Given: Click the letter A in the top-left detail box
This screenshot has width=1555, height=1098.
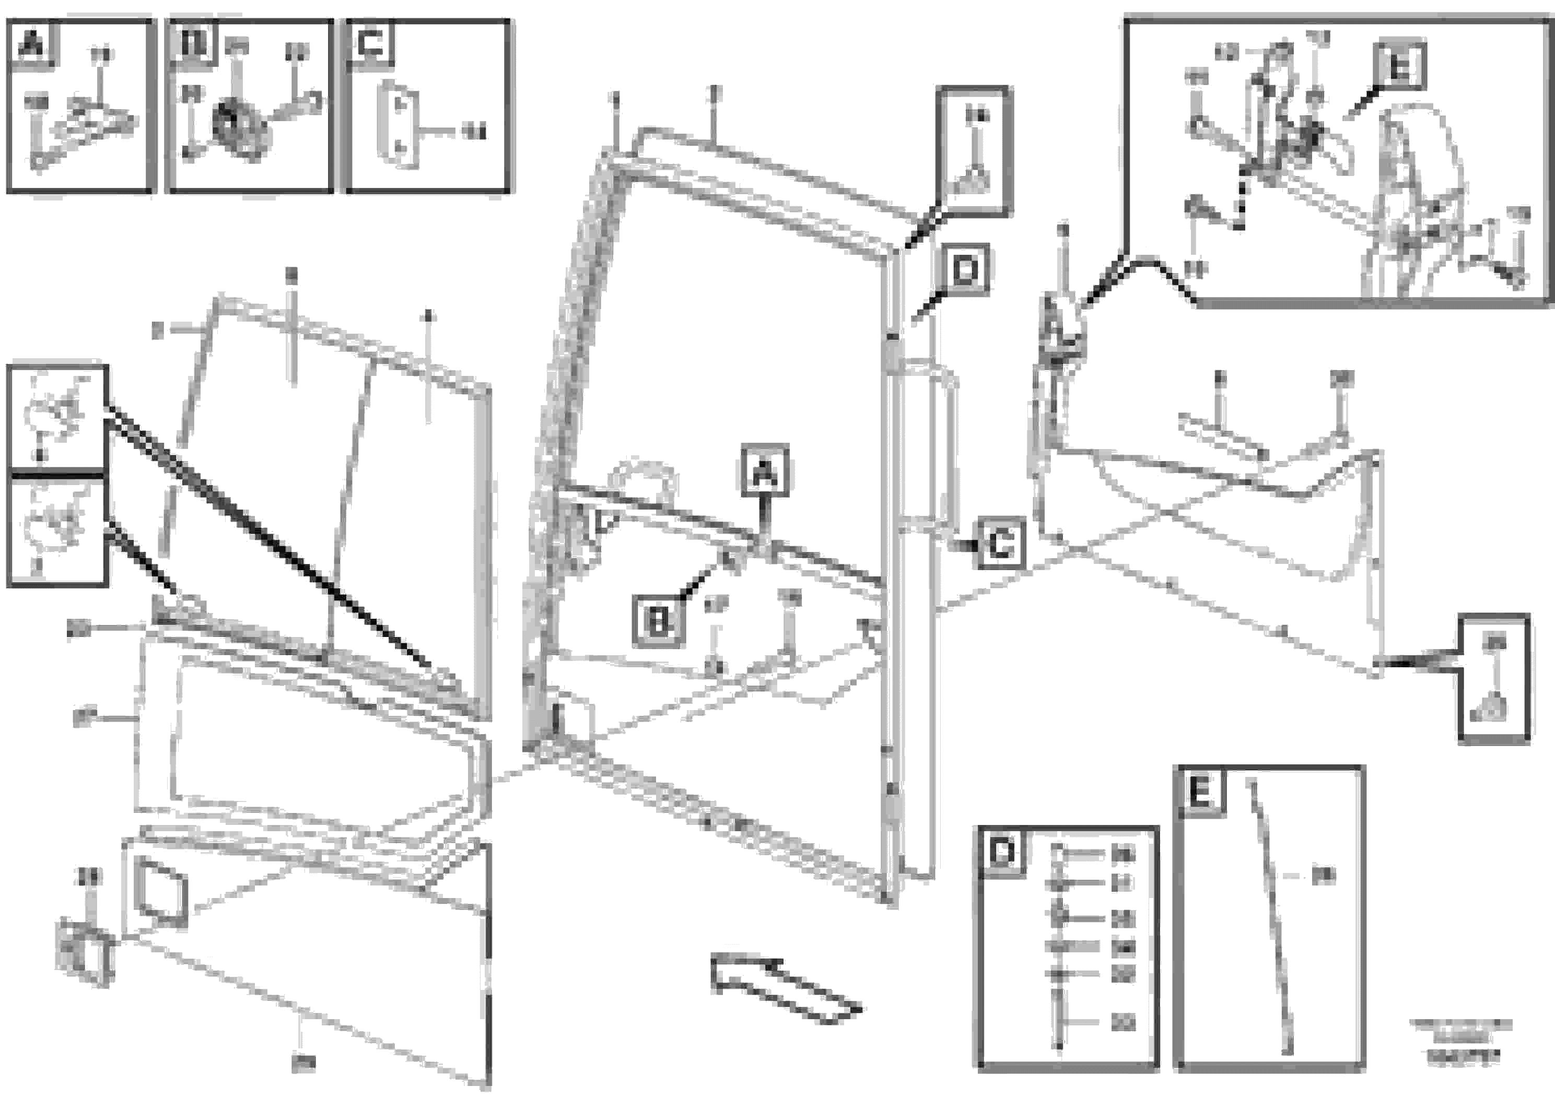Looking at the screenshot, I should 32,45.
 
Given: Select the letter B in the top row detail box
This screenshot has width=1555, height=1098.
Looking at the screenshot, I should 193,45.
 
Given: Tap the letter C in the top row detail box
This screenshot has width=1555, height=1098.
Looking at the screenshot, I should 370,45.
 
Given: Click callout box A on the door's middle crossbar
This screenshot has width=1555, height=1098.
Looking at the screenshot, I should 765,470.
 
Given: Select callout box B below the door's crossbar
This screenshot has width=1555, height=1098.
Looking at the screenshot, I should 658,620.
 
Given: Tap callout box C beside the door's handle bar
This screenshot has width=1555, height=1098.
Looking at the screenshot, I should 1000,544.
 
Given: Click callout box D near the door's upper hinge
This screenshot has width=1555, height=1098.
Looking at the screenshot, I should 964,270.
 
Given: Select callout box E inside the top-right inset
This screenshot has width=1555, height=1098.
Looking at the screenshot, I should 1399,67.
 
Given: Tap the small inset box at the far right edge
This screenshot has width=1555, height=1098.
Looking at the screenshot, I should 1493,679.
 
